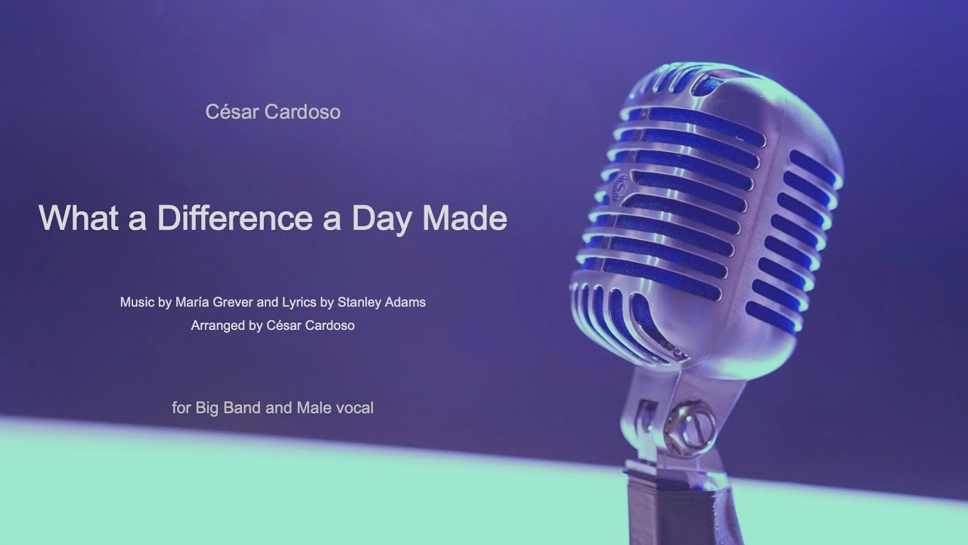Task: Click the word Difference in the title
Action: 234,218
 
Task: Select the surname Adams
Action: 408,302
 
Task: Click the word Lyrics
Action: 299,303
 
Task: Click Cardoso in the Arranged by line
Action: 327,325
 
